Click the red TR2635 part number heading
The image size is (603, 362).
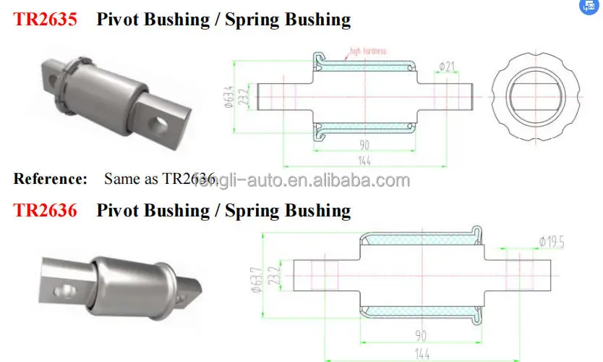[46, 20]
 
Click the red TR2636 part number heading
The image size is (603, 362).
[46, 211]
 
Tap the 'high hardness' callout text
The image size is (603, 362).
[368, 51]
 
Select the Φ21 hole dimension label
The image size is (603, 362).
[446, 67]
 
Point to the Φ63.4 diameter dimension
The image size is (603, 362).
[227, 95]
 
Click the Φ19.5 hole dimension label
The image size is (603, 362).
[551, 241]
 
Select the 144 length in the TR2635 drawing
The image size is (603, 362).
[364, 161]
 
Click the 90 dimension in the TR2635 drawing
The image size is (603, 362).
[364, 144]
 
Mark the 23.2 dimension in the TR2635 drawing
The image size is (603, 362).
[246, 95]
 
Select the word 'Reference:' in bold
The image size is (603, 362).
[51, 178]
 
